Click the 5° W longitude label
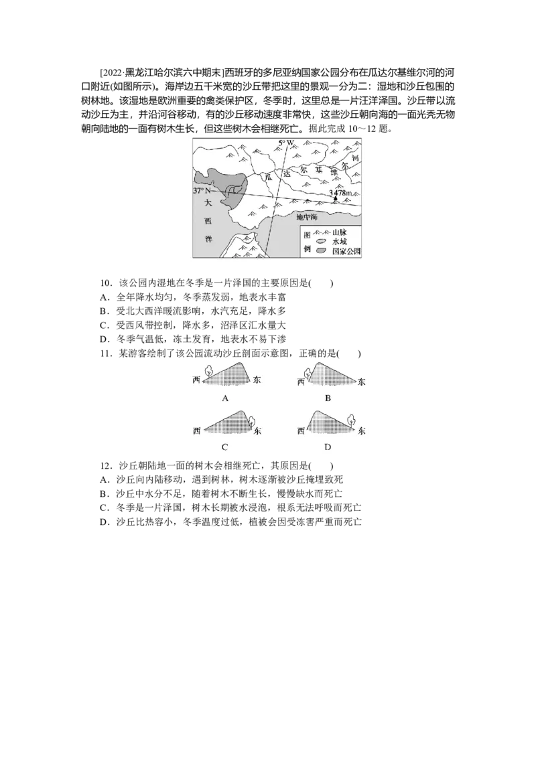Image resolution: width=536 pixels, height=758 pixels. [287, 142]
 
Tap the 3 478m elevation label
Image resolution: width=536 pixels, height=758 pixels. [340, 193]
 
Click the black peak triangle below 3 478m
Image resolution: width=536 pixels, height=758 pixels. [336, 199]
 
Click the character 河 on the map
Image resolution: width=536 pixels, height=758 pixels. [355, 157]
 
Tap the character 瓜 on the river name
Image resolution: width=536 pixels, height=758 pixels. [268, 176]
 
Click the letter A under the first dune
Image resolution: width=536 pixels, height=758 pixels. [225, 398]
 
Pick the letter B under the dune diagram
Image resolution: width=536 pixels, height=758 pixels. [328, 398]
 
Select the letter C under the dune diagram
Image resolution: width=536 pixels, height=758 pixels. [225, 447]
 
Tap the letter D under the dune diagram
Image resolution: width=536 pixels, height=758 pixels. [328, 447]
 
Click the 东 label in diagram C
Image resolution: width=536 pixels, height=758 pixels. [259, 430]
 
